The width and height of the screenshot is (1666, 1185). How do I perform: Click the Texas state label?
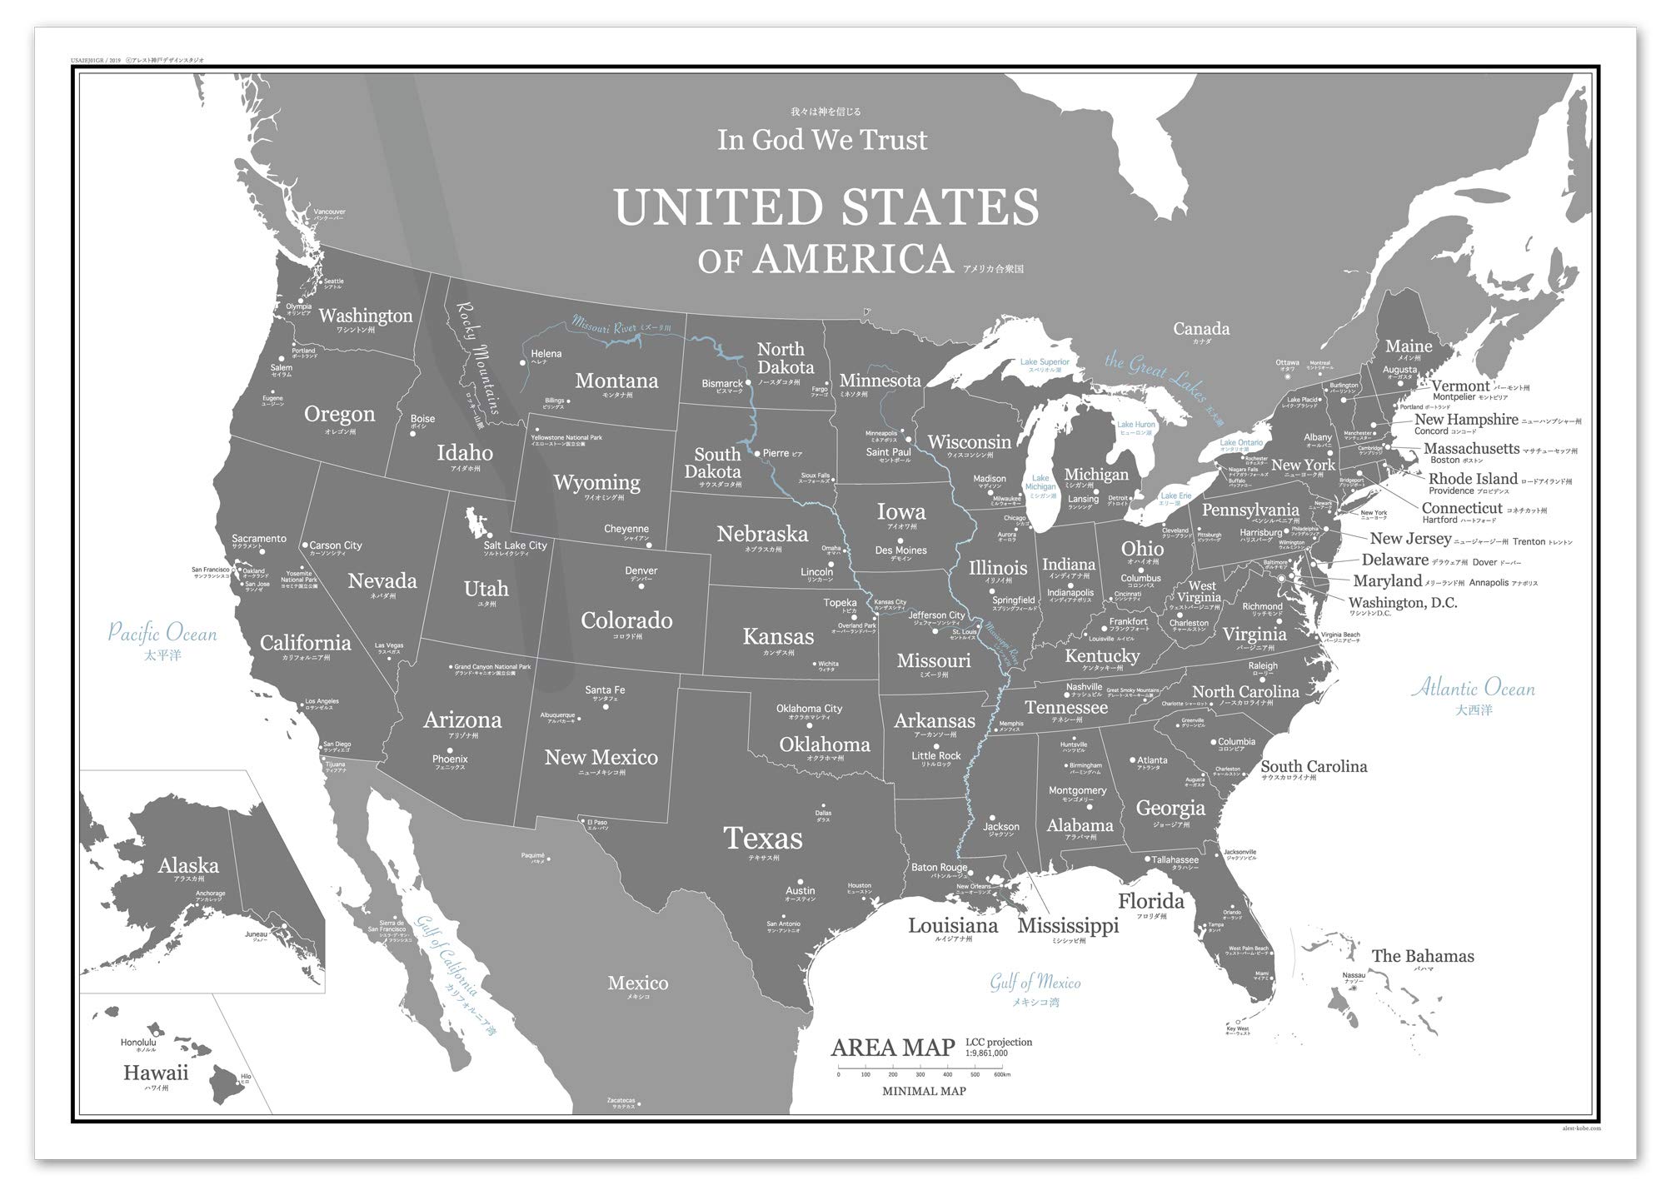coord(762,838)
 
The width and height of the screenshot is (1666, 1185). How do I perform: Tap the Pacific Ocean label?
coord(162,633)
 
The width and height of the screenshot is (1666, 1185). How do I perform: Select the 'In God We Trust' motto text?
coord(822,140)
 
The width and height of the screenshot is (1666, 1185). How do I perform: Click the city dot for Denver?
coord(641,586)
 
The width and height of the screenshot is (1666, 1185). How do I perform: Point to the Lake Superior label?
coord(1045,362)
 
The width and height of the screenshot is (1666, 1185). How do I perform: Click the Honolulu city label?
coord(138,1042)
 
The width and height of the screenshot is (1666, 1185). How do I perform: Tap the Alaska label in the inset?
coord(188,865)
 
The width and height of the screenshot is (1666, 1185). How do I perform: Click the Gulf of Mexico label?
coord(1035,983)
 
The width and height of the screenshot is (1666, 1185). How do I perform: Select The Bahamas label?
coord(1423,956)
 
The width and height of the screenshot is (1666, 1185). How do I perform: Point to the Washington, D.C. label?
coord(1403,603)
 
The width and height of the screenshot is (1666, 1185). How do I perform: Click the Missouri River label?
coord(604,326)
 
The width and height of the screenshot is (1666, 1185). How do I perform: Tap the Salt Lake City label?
coord(515,545)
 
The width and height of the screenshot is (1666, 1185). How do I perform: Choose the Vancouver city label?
coord(329,212)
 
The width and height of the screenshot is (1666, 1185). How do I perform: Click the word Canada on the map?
coord(1201,329)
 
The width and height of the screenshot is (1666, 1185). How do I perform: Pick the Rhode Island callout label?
coord(1473,479)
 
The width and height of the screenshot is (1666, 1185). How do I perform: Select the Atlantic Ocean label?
coord(1473,688)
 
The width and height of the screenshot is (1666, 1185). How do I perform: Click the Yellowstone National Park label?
coord(566,437)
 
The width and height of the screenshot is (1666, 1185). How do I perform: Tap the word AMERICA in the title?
coord(853,259)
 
